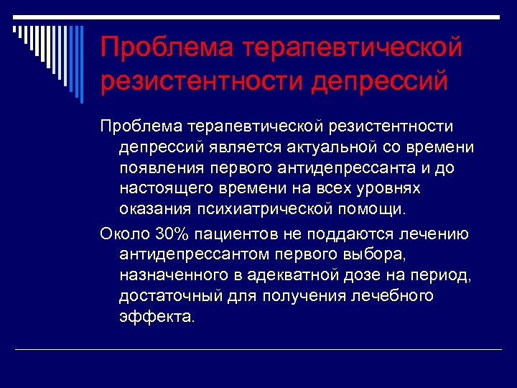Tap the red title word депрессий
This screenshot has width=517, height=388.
(x=380, y=80)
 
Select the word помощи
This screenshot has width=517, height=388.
(x=373, y=210)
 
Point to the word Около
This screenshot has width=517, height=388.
(x=126, y=234)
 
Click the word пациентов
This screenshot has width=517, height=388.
(x=241, y=234)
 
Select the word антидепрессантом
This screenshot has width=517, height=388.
(x=190, y=254)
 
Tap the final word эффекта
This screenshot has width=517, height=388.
(x=156, y=317)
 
